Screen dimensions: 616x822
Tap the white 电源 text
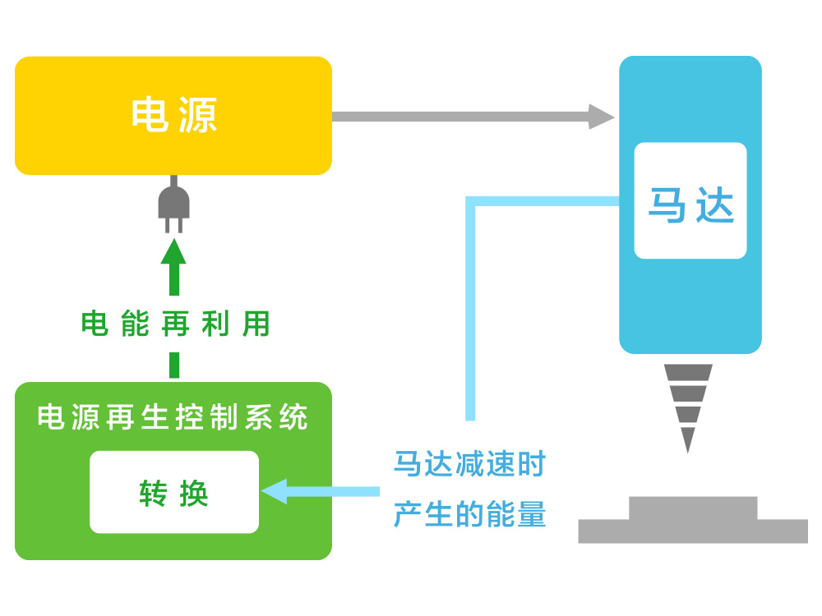click(x=174, y=115)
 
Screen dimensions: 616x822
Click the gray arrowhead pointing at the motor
click(x=601, y=117)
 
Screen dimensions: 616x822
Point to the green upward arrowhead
click(x=173, y=251)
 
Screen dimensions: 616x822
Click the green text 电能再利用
click(x=175, y=324)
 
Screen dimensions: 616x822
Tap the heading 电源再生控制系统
click(x=173, y=418)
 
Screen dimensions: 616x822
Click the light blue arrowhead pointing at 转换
click(x=274, y=491)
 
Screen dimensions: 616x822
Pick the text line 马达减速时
click(x=469, y=465)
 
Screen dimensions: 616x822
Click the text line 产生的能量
click(x=469, y=515)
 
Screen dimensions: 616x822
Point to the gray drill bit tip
click(x=688, y=444)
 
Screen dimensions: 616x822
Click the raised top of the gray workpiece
click(x=692, y=508)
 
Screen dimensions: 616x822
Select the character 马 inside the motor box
click(x=667, y=205)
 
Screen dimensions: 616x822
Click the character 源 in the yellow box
click(x=197, y=115)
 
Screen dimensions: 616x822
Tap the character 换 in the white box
click(x=193, y=493)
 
